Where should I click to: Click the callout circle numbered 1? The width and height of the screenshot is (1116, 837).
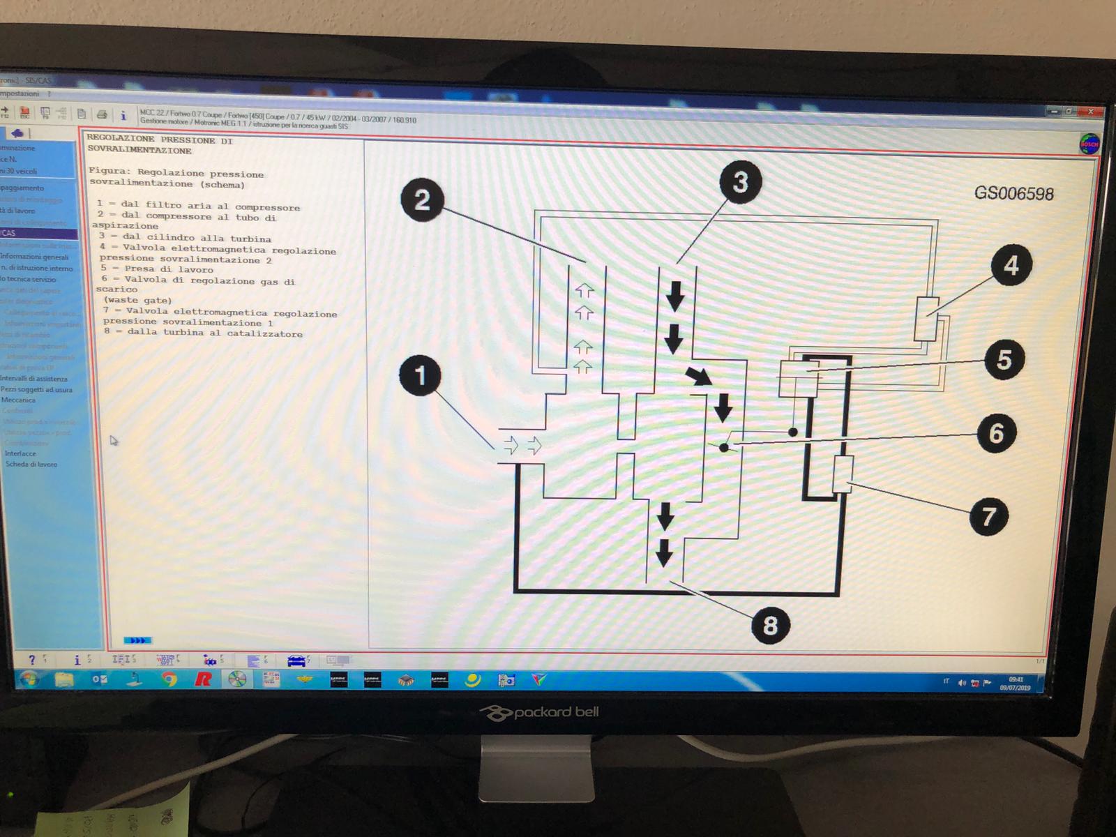(420, 375)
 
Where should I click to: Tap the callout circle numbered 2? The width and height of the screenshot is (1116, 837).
(422, 201)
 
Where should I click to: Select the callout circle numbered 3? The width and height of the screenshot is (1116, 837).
(740, 182)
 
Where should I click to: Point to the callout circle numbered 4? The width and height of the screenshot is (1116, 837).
(1011, 265)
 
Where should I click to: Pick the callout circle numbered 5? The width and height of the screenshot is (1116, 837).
(1004, 360)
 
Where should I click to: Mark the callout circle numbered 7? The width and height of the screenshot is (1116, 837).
(989, 517)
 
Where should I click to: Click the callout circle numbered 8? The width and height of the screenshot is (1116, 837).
(770, 624)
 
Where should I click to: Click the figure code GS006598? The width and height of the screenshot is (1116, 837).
(1013, 193)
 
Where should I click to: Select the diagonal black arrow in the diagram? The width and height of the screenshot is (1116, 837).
(698, 376)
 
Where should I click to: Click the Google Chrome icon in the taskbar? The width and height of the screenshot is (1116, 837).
(169, 679)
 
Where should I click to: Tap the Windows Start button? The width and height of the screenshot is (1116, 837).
(29, 679)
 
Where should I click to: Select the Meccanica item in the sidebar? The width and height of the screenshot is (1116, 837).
(19, 400)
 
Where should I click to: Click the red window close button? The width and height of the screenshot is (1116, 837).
(1090, 112)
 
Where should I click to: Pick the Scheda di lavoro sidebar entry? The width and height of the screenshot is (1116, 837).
(31, 464)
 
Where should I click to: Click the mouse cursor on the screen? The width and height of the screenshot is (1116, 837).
(114, 440)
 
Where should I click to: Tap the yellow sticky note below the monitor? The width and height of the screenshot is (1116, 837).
(112, 813)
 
